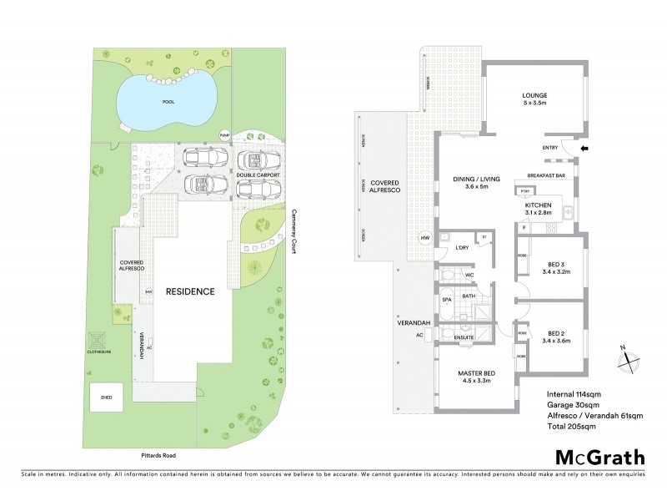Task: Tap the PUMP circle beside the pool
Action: [223, 134]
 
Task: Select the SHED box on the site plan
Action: [106, 397]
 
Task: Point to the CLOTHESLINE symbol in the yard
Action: [98, 342]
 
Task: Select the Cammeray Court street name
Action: [293, 230]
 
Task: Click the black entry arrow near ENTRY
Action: [584, 149]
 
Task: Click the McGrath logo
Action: [599, 457]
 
